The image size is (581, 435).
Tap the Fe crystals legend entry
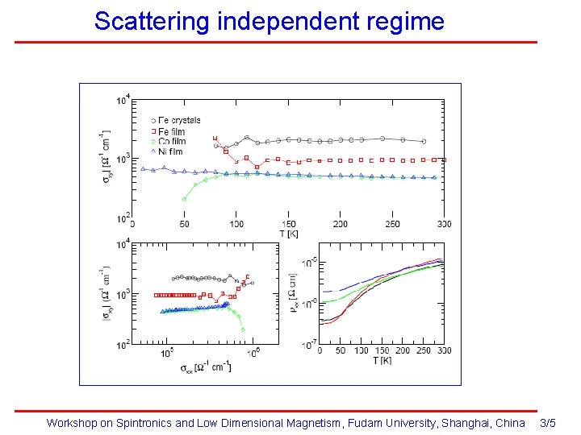pyautogui.click(x=179, y=120)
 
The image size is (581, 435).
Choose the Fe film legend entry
pyautogui.click(x=171, y=131)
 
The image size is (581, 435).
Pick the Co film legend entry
pyautogui.click(x=171, y=142)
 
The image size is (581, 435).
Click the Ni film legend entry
pyautogui.click(x=170, y=151)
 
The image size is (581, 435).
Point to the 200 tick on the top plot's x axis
pyautogui.click(x=340, y=224)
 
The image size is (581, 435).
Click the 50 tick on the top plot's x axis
pyautogui.click(x=184, y=224)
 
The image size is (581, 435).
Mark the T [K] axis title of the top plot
pyautogui.click(x=289, y=233)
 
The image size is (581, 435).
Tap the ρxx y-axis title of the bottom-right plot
pyautogui.click(x=294, y=294)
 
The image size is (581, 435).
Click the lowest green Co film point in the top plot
pyautogui.click(x=184, y=199)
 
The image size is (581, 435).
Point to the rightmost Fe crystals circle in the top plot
pyautogui.click(x=424, y=141)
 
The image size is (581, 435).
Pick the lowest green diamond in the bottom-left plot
pyautogui.click(x=243, y=329)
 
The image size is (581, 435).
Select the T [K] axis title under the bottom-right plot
pyautogui.click(x=382, y=361)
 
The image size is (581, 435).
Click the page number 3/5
pyautogui.click(x=548, y=423)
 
